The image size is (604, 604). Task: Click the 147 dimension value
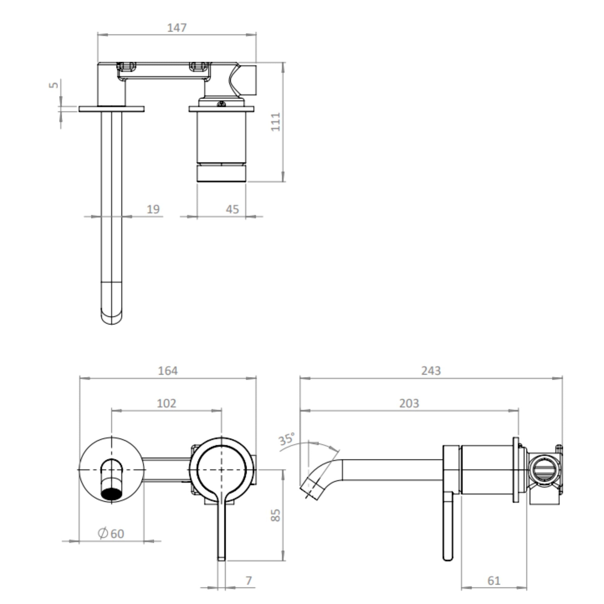(177, 28)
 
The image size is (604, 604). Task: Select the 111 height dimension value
(276, 122)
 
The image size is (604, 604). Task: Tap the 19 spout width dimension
(153, 210)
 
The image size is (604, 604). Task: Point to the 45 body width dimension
(232, 210)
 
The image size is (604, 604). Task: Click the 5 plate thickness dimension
(54, 85)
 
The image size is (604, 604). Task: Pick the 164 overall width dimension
(168, 371)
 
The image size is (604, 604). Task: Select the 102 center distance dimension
(166, 403)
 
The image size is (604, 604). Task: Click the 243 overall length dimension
(431, 371)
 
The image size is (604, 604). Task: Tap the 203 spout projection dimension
(409, 403)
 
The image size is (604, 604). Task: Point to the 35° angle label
(286, 439)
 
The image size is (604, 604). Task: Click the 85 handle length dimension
(275, 516)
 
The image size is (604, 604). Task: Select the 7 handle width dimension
(249, 580)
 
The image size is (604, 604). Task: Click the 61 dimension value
(494, 581)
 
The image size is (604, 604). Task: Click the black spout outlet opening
(111, 493)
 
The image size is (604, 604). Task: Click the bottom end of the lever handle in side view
(448, 557)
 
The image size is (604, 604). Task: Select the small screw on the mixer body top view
(221, 104)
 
